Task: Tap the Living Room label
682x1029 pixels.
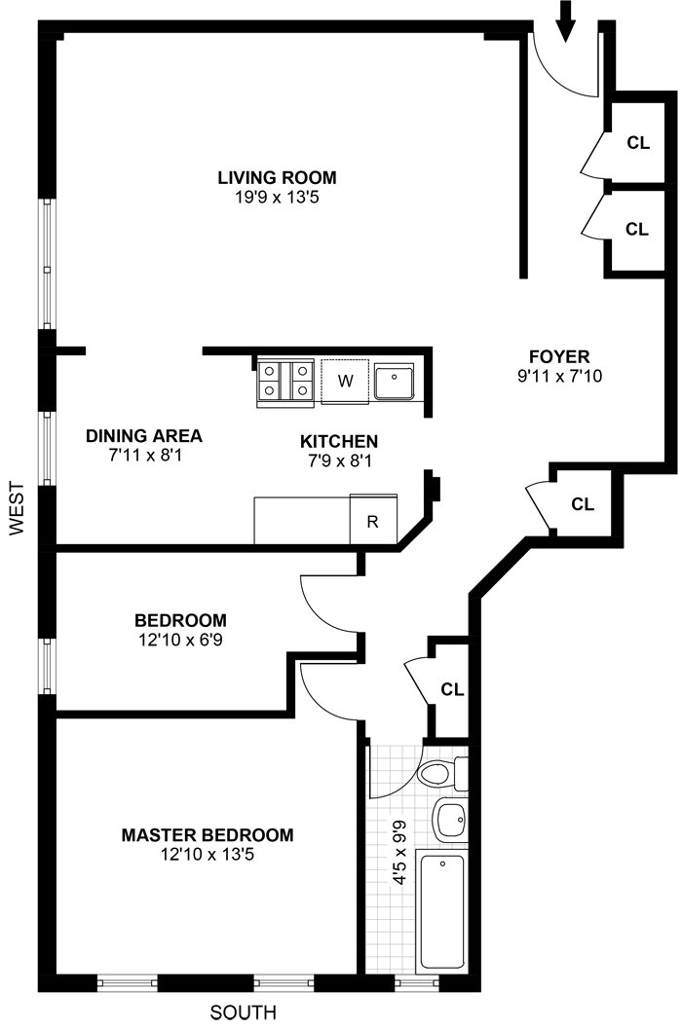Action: tap(277, 177)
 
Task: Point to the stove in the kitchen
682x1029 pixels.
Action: tap(284, 381)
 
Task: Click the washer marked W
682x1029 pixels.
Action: tap(345, 380)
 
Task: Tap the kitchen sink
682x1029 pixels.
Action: tap(396, 382)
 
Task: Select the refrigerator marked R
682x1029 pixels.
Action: tap(372, 521)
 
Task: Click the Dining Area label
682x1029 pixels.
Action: tap(144, 435)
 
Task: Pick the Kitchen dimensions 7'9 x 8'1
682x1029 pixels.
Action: tap(338, 459)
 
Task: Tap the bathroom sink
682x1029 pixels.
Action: tap(450, 821)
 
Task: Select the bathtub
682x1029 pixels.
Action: tap(442, 911)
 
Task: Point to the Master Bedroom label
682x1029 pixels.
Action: tap(207, 835)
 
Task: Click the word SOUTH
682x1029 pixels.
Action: tap(244, 1011)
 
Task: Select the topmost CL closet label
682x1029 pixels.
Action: tap(638, 142)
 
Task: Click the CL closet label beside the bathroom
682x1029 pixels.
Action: tap(452, 689)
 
